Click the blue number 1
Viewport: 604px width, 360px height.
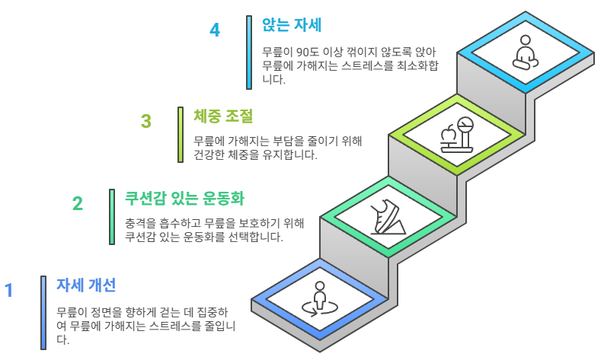coord(9,290)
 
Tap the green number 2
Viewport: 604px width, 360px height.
coord(78,203)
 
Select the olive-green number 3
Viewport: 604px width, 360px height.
coord(146,121)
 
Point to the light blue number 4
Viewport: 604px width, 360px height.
coord(215,30)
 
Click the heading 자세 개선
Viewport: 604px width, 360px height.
coord(86,285)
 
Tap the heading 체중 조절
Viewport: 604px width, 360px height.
coord(223,116)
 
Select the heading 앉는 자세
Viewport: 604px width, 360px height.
coord(292,25)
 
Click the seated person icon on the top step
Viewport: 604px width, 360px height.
coord(526,53)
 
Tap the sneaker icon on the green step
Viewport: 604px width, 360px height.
coord(388,217)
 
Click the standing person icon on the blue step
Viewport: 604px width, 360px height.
coord(320,298)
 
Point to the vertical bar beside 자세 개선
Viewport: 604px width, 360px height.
coord(43,312)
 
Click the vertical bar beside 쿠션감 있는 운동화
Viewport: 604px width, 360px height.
coord(112,217)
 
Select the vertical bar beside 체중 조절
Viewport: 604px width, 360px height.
coord(181,134)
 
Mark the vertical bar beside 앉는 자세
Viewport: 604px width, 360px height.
coord(249,52)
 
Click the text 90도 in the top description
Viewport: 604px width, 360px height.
coord(305,53)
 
